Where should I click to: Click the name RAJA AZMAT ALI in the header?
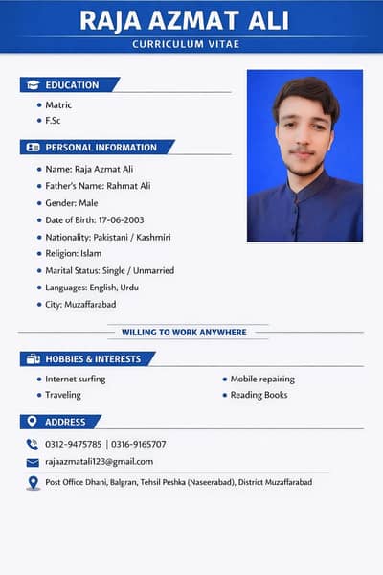[x=191, y=20]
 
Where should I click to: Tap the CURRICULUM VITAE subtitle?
[x=191, y=45]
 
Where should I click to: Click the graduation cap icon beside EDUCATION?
[x=33, y=84]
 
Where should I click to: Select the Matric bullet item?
[x=58, y=104]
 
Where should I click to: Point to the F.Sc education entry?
[x=54, y=120]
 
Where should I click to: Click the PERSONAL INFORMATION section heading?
[x=101, y=148]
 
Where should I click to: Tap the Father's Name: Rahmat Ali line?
[x=98, y=186]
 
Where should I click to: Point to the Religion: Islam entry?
[x=74, y=254]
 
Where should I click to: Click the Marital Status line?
[x=109, y=270]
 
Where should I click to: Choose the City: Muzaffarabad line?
[x=80, y=304]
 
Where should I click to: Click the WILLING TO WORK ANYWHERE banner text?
[x=184, y=333]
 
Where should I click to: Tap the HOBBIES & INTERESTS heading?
[x=93, y=359]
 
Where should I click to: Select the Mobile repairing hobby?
[x=262, y=379]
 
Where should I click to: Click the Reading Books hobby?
[x=259, y=395]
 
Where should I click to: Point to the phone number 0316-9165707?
[x=139, y=444]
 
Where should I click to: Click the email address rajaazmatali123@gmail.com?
[x=100, y=461]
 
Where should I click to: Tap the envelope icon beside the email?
[x=33, y=462]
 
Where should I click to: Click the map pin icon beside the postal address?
[x=33, y=482]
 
